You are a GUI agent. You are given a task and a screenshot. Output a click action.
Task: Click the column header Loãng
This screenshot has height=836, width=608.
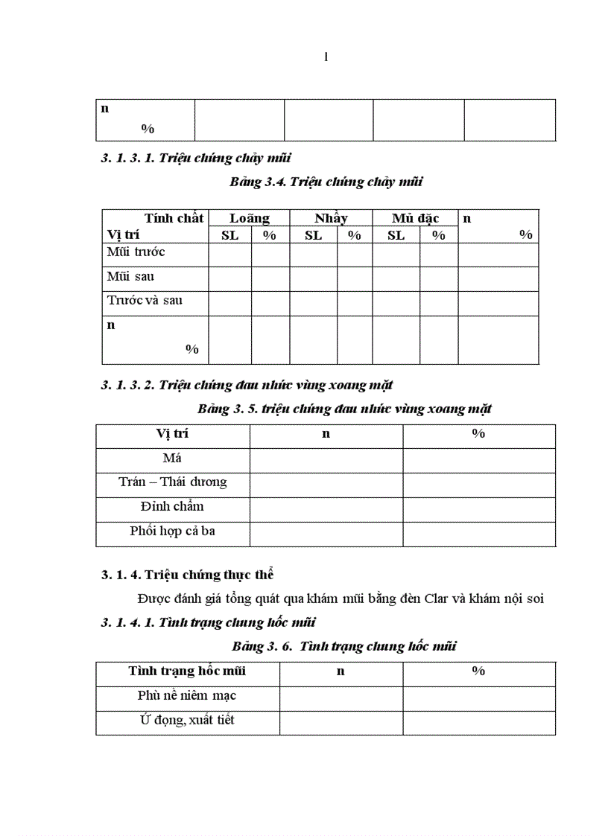tap(249, 218)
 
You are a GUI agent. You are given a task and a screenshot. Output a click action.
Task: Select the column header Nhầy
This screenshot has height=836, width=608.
tap(331, 218)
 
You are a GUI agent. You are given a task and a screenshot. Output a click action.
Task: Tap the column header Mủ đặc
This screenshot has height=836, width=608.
tap(415, 218)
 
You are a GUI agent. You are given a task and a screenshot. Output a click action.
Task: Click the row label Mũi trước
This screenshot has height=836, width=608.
tap(136, 252)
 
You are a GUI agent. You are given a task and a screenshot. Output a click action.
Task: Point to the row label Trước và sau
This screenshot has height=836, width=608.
tap(145, 301)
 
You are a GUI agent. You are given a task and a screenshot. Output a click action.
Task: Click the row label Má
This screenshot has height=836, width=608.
tap(172, 458)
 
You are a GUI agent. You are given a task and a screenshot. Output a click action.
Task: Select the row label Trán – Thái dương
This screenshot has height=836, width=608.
tap(172, 482)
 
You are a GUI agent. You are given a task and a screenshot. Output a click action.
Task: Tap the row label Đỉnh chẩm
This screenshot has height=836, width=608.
tap(172, 506)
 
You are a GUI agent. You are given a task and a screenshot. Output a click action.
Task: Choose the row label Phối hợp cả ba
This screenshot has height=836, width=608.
tap(172, 531)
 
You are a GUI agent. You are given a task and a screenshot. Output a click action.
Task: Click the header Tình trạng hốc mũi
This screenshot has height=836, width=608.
tap(187, 671)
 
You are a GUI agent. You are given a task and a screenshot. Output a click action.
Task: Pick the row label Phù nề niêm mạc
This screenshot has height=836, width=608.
tap(187, 695)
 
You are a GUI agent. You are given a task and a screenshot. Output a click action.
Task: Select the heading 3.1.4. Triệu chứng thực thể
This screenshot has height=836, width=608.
tap(188, 575)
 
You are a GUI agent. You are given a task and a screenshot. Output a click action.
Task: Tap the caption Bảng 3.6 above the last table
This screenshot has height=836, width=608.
tap(343, 646)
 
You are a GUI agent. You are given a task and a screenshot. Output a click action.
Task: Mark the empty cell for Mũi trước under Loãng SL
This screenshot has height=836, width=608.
tap(229, 254)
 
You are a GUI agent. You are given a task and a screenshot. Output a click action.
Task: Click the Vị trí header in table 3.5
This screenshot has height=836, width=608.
tap(172, 433)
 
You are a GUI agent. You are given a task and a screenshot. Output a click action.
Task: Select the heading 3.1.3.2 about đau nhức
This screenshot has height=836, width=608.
tap(247, 385)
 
